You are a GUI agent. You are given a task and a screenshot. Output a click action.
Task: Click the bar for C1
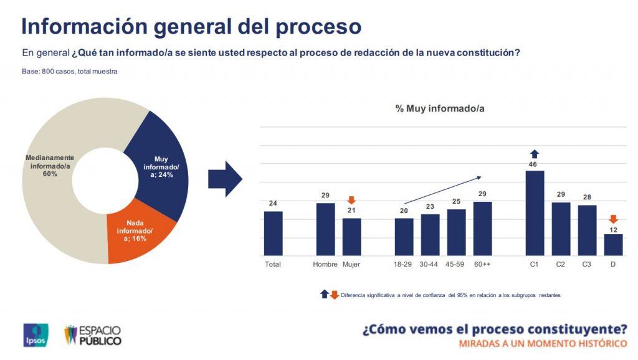535,213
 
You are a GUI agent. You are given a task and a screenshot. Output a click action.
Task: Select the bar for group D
613,245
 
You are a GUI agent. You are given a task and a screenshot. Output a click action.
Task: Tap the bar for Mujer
351,237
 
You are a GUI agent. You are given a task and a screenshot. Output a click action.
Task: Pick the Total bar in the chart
273,234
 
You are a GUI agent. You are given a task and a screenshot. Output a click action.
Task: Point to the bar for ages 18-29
404,237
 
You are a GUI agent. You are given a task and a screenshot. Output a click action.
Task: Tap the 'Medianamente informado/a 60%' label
50,166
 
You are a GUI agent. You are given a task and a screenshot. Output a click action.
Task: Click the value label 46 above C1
533,164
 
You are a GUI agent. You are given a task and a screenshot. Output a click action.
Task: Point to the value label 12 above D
613,230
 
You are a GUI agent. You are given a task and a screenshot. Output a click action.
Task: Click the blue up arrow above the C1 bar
535,154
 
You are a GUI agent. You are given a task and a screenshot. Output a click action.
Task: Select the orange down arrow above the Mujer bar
351,200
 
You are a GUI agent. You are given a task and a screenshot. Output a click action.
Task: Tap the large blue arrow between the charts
225,179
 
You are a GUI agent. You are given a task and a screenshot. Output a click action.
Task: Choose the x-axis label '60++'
482,264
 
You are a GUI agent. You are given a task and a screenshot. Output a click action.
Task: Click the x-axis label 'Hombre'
325,264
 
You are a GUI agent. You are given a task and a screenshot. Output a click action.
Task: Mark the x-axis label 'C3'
586,264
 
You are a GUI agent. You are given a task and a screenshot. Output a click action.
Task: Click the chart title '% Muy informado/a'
440,108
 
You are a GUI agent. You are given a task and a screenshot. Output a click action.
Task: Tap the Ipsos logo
36,335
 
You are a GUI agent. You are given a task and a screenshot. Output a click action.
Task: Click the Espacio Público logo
93,335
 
